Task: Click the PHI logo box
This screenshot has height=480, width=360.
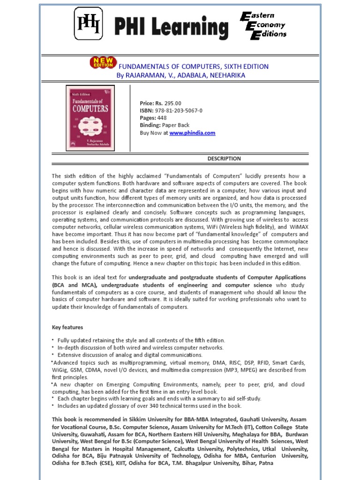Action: pos(88,24)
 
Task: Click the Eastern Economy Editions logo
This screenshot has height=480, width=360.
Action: pos(263,26)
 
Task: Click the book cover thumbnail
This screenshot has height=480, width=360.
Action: pos(90,118)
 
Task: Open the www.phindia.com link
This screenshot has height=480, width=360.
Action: pos(192,133)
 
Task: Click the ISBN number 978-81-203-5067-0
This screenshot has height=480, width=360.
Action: pos(179,111)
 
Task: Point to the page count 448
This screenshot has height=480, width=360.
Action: pos(162,118)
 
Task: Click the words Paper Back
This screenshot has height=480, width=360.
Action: pos(176,126)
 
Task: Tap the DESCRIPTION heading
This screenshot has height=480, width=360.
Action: pos(224,159)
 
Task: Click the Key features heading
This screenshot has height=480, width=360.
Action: pos(67,327)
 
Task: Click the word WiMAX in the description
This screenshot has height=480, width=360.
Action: pos(298,227)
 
